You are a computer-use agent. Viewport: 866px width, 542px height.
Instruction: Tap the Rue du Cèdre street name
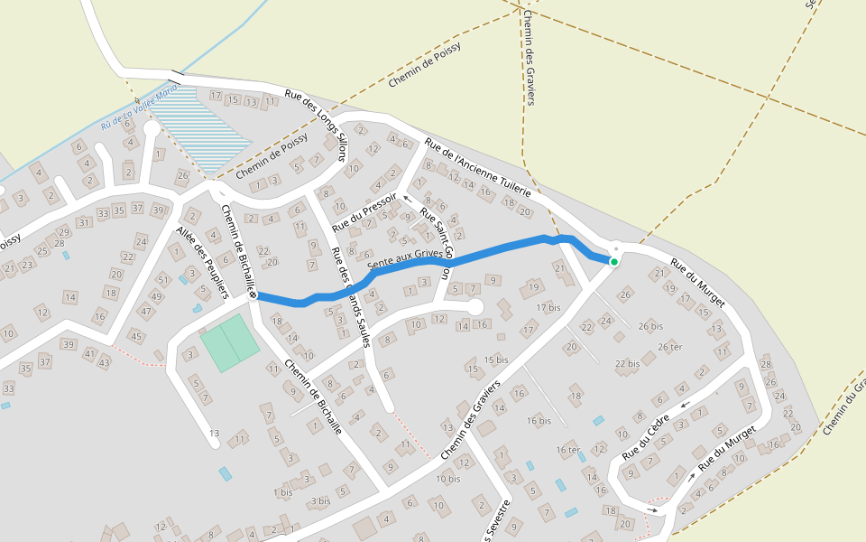pos(647,435)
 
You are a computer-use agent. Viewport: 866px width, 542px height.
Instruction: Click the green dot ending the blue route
pos(613,262)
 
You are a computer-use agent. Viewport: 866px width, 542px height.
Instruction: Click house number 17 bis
pos(548,308)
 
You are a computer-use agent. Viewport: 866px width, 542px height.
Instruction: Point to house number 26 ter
pos(669,347)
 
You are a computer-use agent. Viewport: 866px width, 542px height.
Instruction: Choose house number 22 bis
pos(627,363)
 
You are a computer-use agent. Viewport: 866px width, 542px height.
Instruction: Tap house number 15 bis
pos(496,360)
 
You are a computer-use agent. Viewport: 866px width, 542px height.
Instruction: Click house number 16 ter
pos(568,449)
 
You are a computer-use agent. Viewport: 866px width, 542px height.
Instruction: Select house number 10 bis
pos(447,479)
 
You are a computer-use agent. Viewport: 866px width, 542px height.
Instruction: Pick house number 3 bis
pos(319,500)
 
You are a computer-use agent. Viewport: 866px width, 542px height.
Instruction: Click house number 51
pos(163,279)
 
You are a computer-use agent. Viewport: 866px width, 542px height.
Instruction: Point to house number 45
pos(136,337)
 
